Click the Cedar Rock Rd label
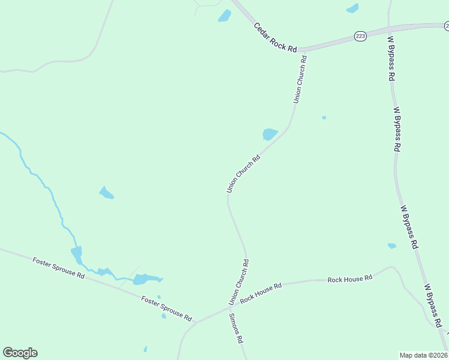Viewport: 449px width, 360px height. pos(276,38)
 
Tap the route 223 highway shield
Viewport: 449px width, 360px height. pos(360,37)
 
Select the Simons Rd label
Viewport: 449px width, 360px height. pos(235,329)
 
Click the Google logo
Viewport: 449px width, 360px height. pos(20,353)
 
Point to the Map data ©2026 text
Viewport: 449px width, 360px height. pos(423,355)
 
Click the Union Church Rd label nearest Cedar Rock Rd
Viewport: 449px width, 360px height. pos(300,79)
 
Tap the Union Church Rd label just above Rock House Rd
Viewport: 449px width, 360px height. pos(238,281)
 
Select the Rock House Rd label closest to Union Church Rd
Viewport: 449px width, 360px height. pos(261,293)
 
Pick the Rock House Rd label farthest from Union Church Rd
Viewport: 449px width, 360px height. pos(350,278)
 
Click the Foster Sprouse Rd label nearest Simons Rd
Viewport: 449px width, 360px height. pos(166,308)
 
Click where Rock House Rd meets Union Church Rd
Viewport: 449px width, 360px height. pos(230,307)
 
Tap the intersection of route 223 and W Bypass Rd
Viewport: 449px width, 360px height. pos(390,28)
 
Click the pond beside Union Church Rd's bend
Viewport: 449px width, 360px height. pos(270,134)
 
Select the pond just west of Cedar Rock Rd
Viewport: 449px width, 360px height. pos(224,16)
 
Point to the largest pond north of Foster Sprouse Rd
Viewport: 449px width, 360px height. pos(144,279)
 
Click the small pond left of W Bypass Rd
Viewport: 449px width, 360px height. pos(392,245)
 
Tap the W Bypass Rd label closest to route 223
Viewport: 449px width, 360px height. pos(391,59)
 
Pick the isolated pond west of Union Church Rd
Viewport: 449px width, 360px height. pos(106,193)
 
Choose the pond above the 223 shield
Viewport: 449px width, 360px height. pos(352,8)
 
